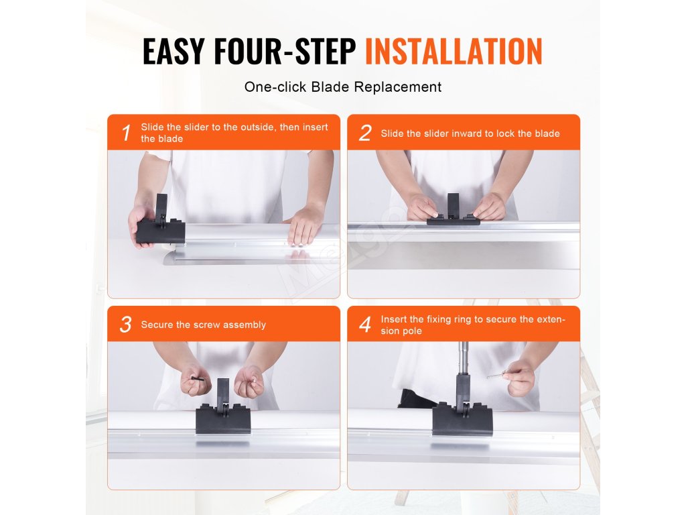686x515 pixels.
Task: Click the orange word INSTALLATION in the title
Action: [x=454, y=51]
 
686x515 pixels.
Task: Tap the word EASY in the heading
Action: [x=174, y=51]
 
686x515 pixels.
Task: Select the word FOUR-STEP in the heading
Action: [x=285, y=51]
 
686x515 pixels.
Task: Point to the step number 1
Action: [x=127, y=133]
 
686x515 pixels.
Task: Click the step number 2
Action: [x=365, y=133]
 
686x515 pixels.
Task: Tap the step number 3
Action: [x=125, y=324]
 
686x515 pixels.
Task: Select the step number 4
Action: [x=365, y=324]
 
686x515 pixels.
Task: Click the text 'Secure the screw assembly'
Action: [x=204, y=325]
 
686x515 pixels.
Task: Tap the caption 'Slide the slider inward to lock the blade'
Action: [x=470, y=133]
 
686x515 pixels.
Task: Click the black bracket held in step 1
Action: [x=160, y=222]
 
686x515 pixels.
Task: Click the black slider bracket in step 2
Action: [x=454, y=211]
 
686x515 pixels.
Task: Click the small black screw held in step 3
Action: [x=198, y=379]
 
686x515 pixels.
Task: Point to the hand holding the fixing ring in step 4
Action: [x=520, y=378]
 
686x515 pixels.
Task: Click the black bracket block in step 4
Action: [x=462, y=410]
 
